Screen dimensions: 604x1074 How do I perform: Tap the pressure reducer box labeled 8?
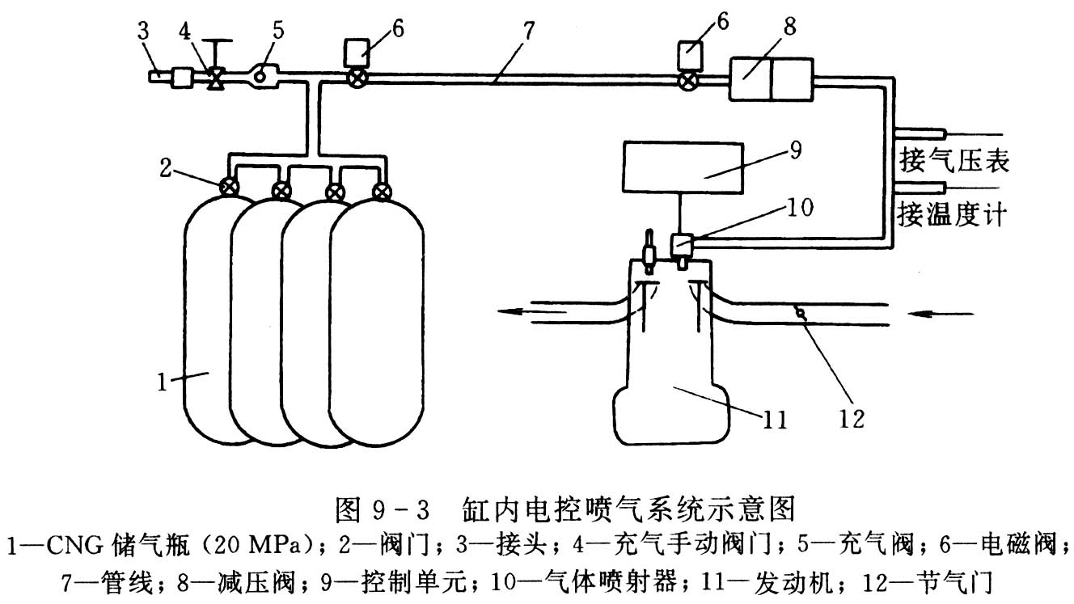772,78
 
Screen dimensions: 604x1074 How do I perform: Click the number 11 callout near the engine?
775,419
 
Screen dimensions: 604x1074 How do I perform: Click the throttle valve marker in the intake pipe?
800,310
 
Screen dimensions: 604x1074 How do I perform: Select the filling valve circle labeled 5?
261,76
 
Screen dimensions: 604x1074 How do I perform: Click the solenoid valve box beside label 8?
689,55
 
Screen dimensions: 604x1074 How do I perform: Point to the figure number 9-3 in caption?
401,509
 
